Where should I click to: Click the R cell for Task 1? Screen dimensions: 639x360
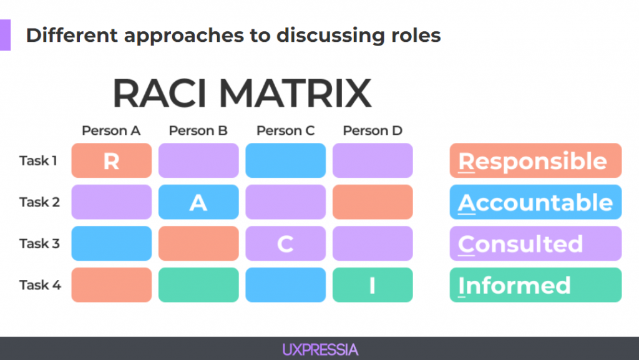[x=112, y=160]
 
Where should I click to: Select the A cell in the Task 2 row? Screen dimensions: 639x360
[x=198, y=202]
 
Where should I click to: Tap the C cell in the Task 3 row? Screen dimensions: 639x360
[x=285, y=243]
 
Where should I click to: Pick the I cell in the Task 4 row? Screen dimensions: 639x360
[x=373, y=285]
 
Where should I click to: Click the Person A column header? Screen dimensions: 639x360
[x=111, y=131]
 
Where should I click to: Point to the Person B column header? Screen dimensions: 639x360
[x=198, y=131]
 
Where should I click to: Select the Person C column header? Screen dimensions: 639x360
[x=285, y=131]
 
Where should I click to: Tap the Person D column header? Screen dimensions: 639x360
[x=373, y=131]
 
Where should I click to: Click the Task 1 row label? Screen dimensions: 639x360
[x=38, y=161]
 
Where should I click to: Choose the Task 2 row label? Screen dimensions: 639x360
[x=39, y=202]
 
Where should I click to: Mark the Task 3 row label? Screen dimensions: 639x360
[x=39, y=243]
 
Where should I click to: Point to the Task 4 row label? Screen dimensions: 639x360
[x=40, y=285]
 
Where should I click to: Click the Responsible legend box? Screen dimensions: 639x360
[x=535, y=160]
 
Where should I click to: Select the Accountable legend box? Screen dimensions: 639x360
[x=535, y=202]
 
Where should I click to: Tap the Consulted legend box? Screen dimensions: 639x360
[x=535, y=243]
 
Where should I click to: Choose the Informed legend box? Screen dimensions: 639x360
[x=535, y=285]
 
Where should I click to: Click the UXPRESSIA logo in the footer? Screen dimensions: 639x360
[x=320, y=350]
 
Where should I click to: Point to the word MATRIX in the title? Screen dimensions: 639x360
[x=295, y=94]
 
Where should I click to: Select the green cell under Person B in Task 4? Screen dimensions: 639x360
[x=198, y=285]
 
